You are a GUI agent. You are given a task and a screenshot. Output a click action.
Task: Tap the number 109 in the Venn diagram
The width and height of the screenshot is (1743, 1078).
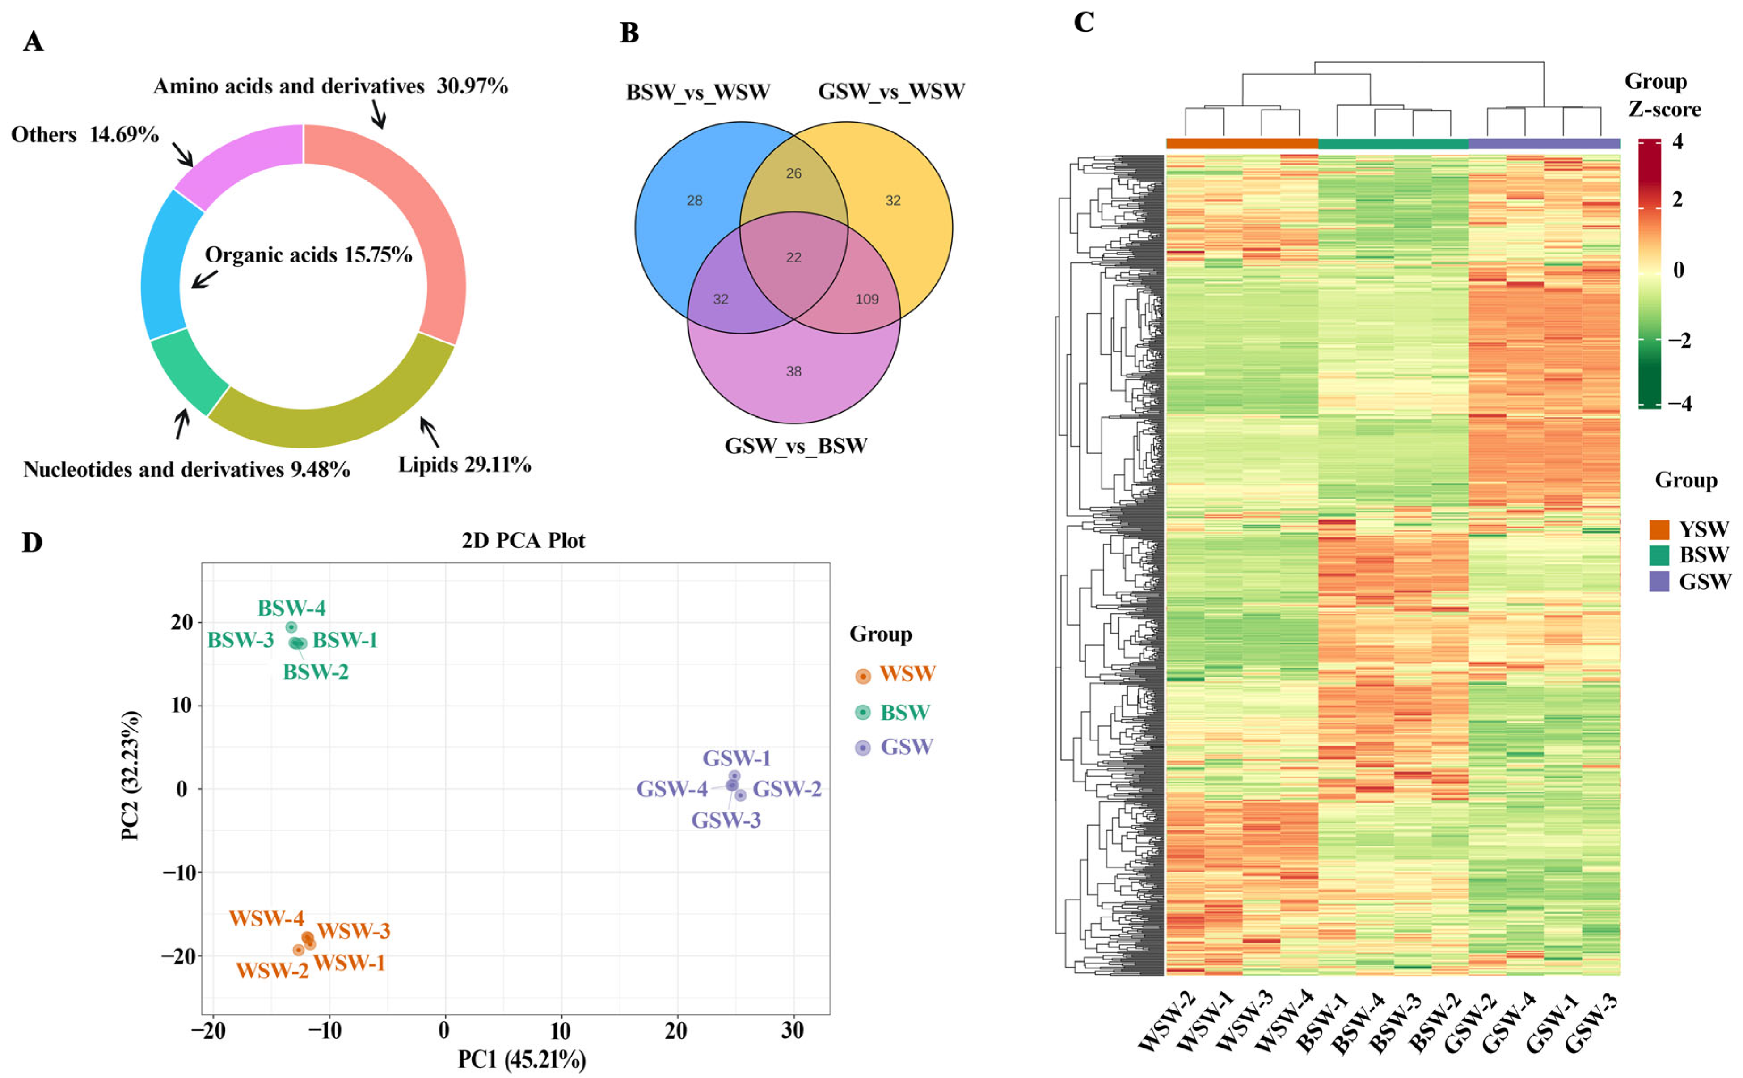[866, 300]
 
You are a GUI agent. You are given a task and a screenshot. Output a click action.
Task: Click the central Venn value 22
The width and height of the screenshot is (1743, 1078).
[793, 258]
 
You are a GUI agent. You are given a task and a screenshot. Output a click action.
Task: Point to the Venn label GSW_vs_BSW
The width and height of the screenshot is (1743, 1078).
[796, 446]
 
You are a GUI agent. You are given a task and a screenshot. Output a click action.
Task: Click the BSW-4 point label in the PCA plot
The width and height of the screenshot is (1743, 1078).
[291, 608]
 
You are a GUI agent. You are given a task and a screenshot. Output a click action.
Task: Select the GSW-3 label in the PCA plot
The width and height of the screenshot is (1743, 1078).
[726, 820]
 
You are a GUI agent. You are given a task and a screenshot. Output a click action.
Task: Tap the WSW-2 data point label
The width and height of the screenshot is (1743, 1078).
[272, 970]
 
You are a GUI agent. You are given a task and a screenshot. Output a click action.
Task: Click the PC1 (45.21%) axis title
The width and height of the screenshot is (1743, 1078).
[522, 1060]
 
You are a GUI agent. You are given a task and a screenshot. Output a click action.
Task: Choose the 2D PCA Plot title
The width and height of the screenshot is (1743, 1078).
[523, 541]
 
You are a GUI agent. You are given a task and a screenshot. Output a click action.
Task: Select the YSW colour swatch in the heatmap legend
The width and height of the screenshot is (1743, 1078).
[1659, 529]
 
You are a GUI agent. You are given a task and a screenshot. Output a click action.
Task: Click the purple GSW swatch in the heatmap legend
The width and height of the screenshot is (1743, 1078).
[1659, 581]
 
